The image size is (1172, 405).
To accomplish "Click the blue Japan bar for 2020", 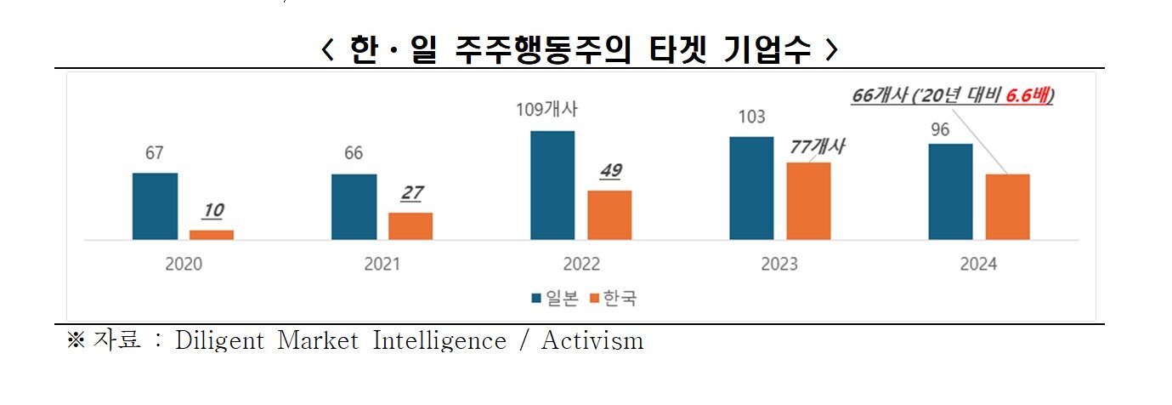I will pyautogui.click(x=155, y=206).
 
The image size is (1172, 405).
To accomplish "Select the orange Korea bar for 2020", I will pyautogui.click(x=212, y=235).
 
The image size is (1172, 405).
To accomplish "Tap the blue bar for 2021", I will pyautogui.click(x=354, y=207).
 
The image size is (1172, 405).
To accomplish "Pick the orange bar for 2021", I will pyautogui.click(x=410, y=225).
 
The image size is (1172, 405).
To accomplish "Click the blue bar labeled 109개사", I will pyautogui.click(x=552, y=185).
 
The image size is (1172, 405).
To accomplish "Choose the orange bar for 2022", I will pyautogui.click(x=609, y=214).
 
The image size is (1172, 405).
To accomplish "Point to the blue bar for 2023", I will pyautogui.click(x=751, y=188).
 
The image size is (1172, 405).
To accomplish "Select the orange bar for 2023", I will pyautogui.click(x=808, y=201).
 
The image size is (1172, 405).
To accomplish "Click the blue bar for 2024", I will pyautogui.click(x=950, y=191).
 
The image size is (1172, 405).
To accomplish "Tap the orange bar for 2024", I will pyautogui.click(x=1007, y=207).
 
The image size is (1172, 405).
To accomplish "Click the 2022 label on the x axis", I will pyautogui.click(x=580, y=265).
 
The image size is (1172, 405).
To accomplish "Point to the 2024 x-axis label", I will pyautogui.click(x=978, y=265).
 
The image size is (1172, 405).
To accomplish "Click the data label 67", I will pyautogui.click(x=154, y=153).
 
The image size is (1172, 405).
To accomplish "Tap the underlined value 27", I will pyautogui.click(x=411, y=193).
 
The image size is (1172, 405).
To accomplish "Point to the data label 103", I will pyautogui.click(x=752, y=117).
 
